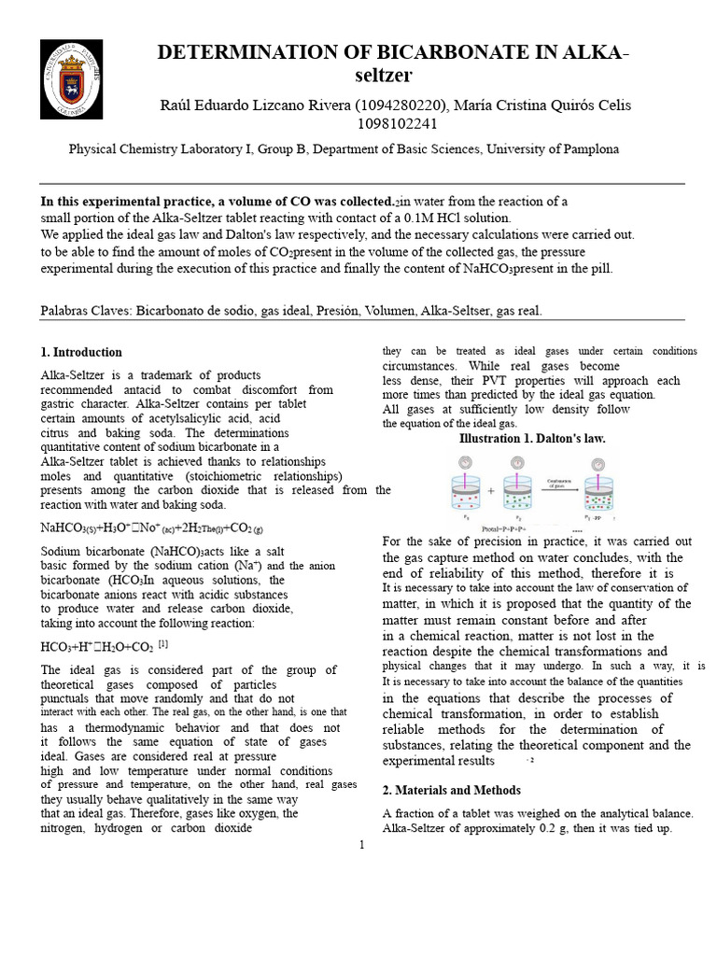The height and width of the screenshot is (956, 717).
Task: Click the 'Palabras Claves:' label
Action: click(86, 311)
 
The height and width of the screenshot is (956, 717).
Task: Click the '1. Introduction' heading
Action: click(81, 352)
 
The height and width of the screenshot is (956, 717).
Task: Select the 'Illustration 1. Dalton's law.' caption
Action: click(532, 438)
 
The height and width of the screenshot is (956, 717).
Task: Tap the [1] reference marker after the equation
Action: click(163, 644)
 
